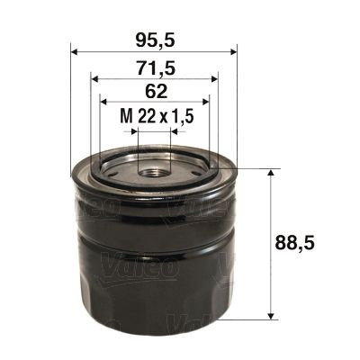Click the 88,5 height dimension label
click(x=306, y=241)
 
